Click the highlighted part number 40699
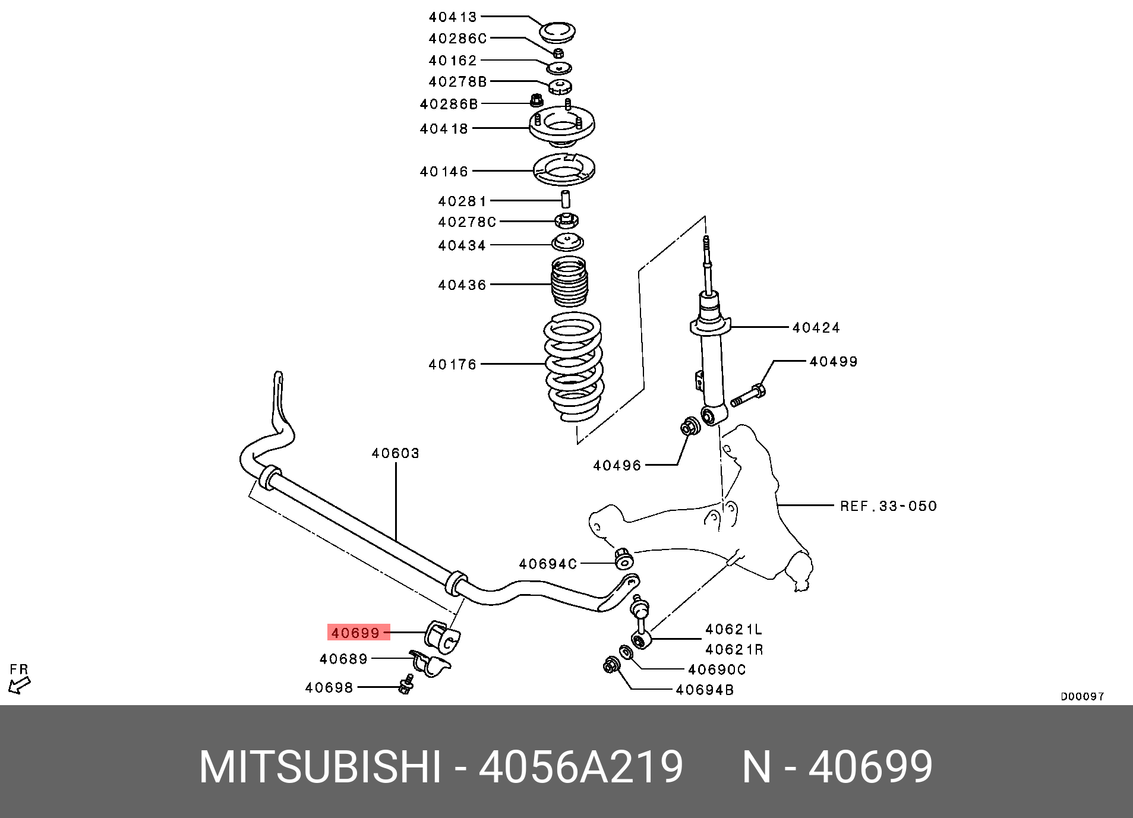pos(355,633)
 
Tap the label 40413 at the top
pos(453,17)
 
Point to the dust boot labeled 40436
pos(569,282)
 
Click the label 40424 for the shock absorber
pos(816,327)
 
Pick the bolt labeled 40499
pos(748,395)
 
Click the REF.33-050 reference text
pos(888,506)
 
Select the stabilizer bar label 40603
pos(395,454)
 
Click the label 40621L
pos(733,629)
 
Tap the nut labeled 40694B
pos(611,665)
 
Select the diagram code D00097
pos(1082,696)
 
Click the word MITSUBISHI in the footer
pos(320,768)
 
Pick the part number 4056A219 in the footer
pos(580,768)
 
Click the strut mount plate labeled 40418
pos(561,127)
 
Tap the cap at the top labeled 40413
pos(557,32)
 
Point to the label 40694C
pos(547,564)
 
